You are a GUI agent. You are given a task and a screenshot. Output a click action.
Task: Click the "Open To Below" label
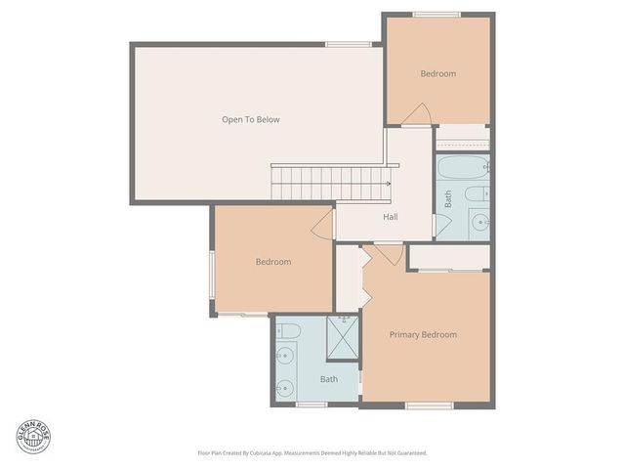[x=250, y=120]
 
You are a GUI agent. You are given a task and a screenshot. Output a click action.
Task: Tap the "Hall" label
[x=390, y=217]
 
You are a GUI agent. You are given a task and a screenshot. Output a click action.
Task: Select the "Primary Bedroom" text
[x=423, y=335]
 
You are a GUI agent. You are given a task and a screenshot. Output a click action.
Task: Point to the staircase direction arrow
[x=387, y=183]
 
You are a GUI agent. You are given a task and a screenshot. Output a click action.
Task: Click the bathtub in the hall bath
[x=460, y=167]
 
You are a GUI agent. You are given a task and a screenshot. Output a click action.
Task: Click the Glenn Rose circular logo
[x=33, y=437]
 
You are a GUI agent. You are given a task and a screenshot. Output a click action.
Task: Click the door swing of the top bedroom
[x=416, y=115]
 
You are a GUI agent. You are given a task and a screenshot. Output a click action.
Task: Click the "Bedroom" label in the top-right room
[x=437, y=74]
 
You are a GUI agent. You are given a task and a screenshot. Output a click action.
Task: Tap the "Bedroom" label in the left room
[x=273, y=262]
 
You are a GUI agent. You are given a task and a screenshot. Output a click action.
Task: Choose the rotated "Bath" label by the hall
[x=448, y=199]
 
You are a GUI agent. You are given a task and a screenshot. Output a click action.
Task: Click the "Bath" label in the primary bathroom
[x=329, y=379]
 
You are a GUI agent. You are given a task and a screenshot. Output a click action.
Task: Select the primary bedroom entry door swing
[x=388, y=254]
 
